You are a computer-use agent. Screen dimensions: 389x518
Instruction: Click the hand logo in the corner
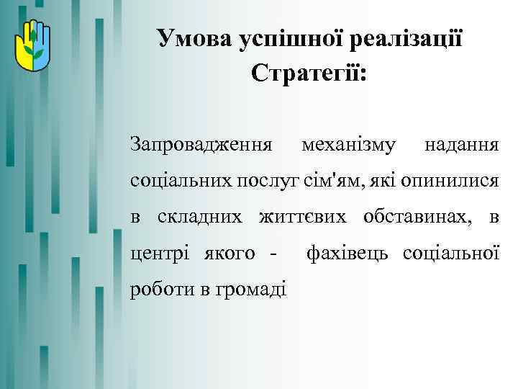coord(29,43)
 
